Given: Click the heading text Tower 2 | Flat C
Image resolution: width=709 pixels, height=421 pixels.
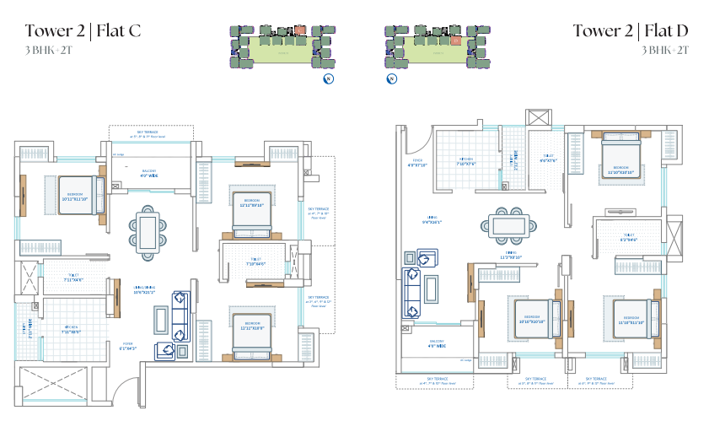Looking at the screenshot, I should pos(82,31).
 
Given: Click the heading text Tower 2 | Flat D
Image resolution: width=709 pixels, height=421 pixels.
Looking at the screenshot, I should pos(631,31).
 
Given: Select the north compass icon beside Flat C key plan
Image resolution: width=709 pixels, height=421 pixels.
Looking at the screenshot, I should pos(329,79).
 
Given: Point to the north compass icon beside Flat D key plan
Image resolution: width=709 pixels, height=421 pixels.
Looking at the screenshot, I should pos(391,79).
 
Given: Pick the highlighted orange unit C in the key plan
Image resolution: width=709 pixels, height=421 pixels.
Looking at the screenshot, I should pos(298,31).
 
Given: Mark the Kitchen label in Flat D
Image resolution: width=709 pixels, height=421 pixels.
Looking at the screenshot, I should pos(467,161).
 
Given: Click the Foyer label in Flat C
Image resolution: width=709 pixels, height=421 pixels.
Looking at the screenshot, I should pos(128,345).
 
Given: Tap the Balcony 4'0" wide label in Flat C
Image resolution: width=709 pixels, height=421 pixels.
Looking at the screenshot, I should pos(149,172).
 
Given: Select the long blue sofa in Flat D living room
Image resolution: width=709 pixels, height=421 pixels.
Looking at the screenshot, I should pos(412,288).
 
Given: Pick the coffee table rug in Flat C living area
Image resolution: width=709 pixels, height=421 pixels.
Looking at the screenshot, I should pos(160,320).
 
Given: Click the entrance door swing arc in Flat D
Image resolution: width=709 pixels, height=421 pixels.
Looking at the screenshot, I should pos(421,139).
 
